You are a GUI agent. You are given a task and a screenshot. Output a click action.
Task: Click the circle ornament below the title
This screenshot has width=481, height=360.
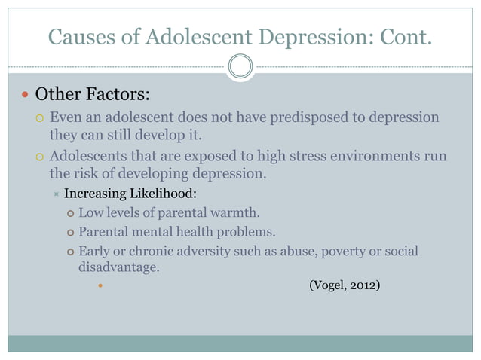(240, 67)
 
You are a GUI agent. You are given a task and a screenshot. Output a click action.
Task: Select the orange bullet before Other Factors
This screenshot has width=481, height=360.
(25, 96)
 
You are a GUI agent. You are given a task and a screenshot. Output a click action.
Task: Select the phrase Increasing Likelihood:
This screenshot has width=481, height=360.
(130, 194)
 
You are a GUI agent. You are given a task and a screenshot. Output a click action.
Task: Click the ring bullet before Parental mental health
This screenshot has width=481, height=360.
(70, 233)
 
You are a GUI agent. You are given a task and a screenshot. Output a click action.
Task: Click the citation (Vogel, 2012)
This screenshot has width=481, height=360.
(345, 285)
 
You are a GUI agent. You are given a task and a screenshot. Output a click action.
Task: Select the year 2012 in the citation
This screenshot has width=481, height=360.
(366, 285)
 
